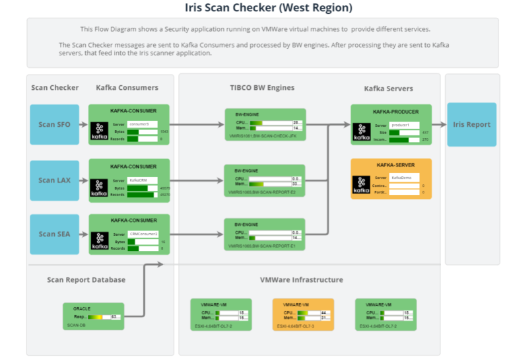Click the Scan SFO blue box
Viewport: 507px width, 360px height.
(55, 124)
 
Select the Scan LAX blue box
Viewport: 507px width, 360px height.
(55, 180)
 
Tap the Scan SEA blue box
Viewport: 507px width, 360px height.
(55, 234)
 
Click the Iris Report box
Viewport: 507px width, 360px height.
(471, 124)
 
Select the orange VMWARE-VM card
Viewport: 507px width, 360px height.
(303, 314)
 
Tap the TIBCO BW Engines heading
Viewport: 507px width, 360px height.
(257, 88)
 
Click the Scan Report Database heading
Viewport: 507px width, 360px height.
(86, 279)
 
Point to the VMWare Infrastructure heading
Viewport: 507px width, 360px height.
(302, 279)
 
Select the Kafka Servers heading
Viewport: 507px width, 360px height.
(389, 89)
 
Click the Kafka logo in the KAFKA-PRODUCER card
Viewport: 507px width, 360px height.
(362, 131)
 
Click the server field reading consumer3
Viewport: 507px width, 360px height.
(142, 124)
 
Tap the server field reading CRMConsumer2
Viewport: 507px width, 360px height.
(143, 234)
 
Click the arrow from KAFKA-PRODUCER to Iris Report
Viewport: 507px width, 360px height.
(440, 124)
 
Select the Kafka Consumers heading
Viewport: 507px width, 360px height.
(127, 88)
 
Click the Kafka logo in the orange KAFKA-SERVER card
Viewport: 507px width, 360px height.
(362, 185)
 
